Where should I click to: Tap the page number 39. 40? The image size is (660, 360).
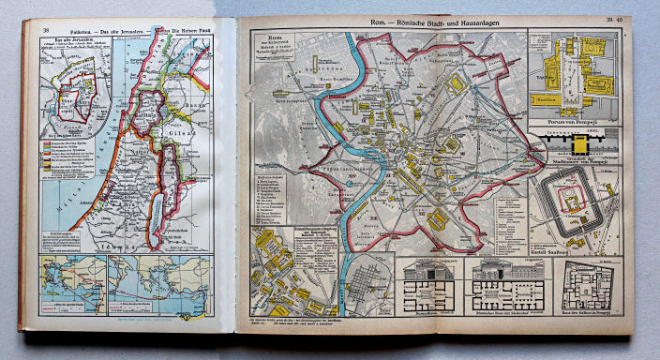click(x=614, y=20)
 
